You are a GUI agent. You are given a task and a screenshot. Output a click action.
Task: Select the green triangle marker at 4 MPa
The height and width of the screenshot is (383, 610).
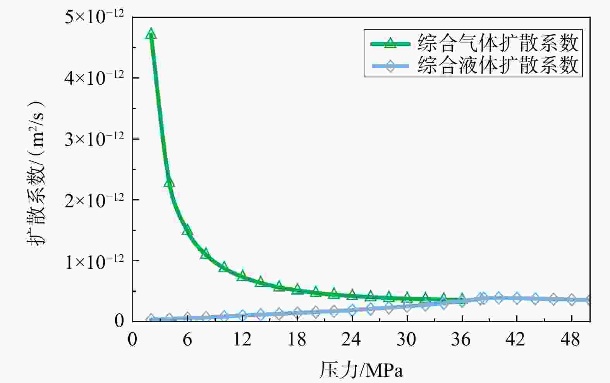(x=169, y=182)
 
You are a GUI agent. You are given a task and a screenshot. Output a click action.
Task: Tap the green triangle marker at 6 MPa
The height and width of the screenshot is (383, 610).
(x=187, y=230)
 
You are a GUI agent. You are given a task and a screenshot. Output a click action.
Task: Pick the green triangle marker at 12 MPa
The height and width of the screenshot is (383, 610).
(x=242, y=275)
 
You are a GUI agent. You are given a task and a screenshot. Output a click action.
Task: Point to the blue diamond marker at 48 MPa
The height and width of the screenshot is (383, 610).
(x=572, y=299)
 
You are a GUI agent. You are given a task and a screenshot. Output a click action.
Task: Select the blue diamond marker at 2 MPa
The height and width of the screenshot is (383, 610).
(x=151, y=319)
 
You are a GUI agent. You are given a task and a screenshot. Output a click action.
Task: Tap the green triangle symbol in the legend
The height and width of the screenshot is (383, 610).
(x=390, y=43)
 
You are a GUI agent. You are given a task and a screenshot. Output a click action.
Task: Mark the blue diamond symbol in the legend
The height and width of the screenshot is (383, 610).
(x=390, y=66)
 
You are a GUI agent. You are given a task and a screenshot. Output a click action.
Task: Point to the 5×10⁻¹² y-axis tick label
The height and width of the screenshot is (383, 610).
(x=94, y=17)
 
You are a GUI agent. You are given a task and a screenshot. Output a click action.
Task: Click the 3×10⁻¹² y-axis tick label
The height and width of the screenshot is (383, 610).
(x=94, y=139)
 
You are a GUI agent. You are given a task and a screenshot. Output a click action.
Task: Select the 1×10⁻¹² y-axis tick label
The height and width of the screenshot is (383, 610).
(x=94, y=261)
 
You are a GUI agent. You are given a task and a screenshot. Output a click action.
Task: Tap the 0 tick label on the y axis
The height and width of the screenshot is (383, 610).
(x=119, y=321)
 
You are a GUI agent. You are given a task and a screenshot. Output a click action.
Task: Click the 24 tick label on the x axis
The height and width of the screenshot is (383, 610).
(x=351, y=340)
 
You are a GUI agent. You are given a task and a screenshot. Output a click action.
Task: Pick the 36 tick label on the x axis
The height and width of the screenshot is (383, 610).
(x=461, y=340)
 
